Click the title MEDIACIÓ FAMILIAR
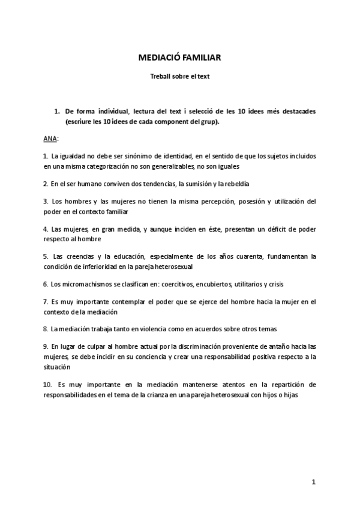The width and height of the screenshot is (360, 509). (180, 58)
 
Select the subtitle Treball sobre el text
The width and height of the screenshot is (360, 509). (179, 77)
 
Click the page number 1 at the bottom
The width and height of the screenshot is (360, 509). (313, 482)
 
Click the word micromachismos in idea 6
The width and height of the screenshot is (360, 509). (79, 283)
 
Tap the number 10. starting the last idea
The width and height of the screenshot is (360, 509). (49, 384)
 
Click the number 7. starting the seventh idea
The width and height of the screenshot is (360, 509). (46, 301)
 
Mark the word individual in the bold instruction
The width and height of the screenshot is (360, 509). (109, 112)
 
